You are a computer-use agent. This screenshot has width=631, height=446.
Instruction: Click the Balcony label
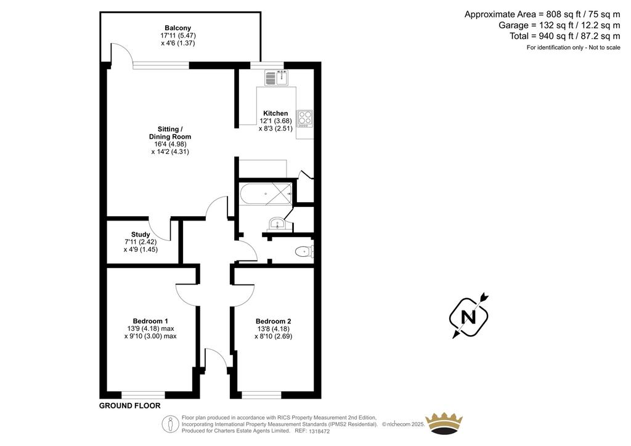(x=178, y=28)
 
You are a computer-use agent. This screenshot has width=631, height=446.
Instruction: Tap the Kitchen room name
(x=275, y=113)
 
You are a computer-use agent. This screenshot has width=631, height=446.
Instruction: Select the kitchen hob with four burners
(x=304, y=119)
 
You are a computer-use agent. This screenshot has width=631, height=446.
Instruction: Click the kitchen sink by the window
(x=276, y=78)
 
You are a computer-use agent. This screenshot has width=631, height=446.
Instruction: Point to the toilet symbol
(x=304, y=252)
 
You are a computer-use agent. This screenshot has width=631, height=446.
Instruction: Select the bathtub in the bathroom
(x=266, y=194)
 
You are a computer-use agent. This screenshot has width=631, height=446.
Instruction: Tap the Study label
(x=140, y=235)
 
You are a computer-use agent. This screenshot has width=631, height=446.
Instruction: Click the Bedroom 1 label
(x=150, y=321)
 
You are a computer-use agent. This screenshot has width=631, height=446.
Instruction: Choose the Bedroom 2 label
(x=273, y=321)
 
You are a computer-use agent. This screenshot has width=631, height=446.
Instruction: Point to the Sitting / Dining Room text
(x=170, y=132)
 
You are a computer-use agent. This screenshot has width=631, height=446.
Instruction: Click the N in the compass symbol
(x=468, y=317)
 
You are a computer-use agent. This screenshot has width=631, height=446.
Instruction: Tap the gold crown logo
(x=444, y=423)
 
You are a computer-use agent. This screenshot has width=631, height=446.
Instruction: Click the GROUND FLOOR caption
(x=129, y=406)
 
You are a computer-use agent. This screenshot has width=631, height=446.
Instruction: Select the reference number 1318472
(x=319, y=431)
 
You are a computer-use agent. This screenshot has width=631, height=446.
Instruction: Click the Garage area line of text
(x=560, y=25)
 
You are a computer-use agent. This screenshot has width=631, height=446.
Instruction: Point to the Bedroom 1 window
(x=143, y=395)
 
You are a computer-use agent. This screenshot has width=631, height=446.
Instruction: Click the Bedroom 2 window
(x=261, y=395)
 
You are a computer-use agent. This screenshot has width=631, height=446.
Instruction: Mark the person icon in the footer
(x=171, y=424)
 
